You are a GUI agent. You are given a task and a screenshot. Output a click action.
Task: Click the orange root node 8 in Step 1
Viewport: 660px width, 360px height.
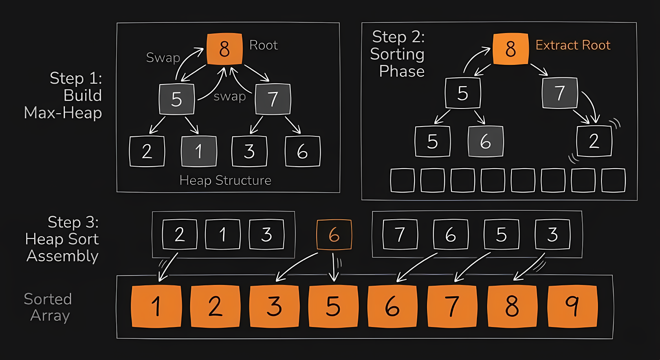[224, 49]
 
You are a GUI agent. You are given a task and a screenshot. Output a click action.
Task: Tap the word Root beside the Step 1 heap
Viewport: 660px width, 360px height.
[263, 45]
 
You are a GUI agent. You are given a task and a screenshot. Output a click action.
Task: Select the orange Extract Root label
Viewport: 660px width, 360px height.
[573, 45]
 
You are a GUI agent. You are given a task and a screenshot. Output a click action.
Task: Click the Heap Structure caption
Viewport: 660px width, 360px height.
[225, 180]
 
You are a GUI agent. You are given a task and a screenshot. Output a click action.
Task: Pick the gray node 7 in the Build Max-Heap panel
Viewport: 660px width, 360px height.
[273, 99]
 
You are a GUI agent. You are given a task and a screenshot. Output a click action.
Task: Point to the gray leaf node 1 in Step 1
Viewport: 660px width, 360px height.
[198, 151]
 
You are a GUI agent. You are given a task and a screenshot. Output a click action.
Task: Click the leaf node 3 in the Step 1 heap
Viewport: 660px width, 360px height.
[249, 151]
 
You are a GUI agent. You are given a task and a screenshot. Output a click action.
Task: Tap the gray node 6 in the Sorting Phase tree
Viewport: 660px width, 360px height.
[486, 141]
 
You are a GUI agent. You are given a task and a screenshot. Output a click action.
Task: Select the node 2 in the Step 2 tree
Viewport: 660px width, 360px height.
[594, 141]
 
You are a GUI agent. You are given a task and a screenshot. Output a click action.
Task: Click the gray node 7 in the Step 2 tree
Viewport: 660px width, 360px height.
[560, 93]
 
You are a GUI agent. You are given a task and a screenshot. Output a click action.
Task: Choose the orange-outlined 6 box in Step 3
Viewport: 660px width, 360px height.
[334, 235]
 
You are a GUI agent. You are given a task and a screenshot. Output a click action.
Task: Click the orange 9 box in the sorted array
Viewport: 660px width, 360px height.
[572, 306]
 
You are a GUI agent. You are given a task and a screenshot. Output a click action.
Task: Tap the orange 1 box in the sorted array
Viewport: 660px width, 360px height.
[156, 306]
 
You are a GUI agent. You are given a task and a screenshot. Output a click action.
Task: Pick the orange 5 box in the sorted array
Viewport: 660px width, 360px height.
[333, 306]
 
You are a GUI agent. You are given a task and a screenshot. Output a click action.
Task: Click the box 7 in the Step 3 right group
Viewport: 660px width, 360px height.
[400, 235]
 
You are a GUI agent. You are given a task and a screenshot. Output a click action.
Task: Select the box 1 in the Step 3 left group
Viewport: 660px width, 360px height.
[222, 235]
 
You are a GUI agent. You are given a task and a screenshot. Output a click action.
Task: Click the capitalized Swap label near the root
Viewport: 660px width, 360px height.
[163, 58]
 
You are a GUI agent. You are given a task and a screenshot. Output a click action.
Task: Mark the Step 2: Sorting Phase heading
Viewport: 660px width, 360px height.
[398, 54]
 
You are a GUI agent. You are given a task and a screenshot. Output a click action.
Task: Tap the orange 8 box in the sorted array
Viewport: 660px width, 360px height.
[512, 306]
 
